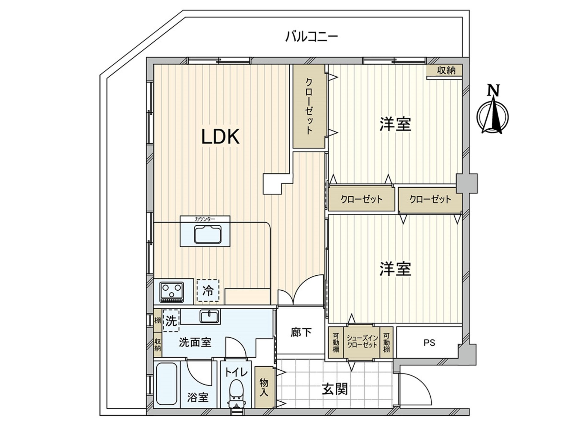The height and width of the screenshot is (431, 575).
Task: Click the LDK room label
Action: [x=220, y=137]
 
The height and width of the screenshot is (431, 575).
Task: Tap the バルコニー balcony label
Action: [x=311, y=37]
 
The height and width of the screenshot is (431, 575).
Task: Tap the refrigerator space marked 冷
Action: [x=208, y=290]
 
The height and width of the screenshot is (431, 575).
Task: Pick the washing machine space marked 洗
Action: [x=171, y=321]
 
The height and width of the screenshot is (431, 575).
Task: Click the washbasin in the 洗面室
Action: [x=210, y=317]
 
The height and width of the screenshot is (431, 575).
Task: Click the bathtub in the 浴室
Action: [x=167, y=384]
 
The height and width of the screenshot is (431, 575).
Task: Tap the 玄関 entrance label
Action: [x=335, y=389]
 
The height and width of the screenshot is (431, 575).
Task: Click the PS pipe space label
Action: [x=429, y=343]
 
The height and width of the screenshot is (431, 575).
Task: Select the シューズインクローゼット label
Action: [x=362, y=342]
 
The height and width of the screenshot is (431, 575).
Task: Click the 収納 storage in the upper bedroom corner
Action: [x=446, y=71]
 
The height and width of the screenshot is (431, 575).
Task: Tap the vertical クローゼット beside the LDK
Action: [x=309, y=106]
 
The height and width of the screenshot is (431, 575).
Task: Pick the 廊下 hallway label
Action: [x=301, y=332]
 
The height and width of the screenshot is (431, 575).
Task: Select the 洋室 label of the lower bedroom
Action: [x=395, y=268]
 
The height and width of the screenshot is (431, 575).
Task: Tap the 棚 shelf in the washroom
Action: [x=158, y=321]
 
